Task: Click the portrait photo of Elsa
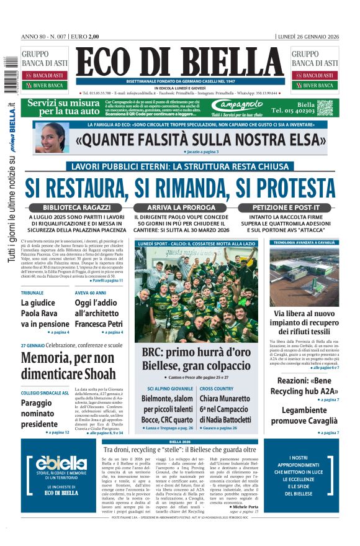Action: [52, 137]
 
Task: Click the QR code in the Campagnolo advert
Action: [325, 107]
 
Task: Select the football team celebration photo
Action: [197, 294]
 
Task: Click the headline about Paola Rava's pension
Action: [45, 313]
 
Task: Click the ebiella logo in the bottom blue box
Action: [61, 462]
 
